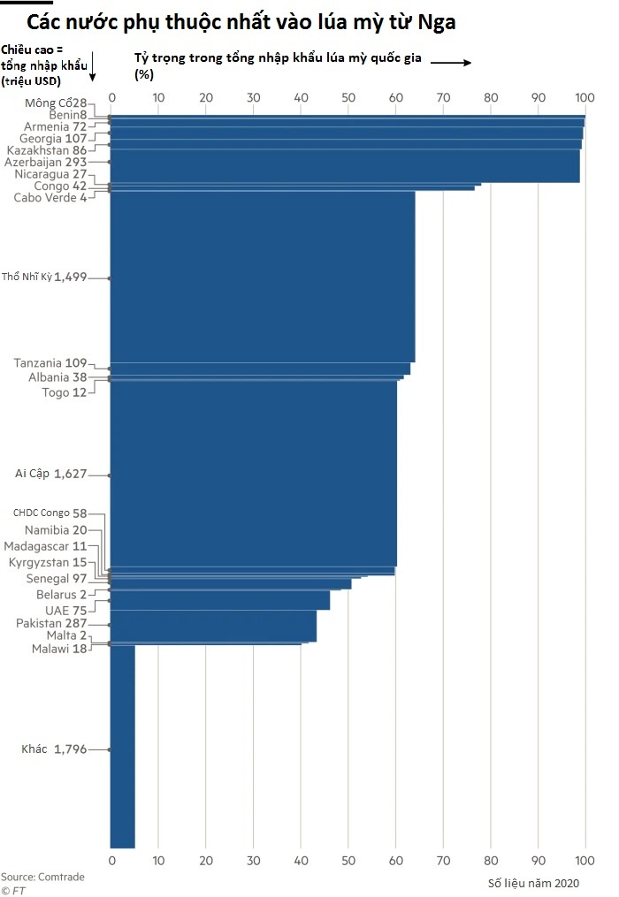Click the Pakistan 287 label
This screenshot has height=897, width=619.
click(51, 623)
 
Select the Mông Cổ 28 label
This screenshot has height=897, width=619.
click(57, 103)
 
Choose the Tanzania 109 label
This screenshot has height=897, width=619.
click(50, 363)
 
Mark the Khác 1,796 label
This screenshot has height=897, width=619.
click(55, 749)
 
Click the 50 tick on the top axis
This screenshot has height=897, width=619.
click(348, 97)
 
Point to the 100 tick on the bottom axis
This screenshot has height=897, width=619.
click(584, 860)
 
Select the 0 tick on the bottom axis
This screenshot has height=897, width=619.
click(111, 860)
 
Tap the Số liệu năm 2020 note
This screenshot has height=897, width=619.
click(533, 883)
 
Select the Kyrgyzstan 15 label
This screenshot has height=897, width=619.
click(49, 562)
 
